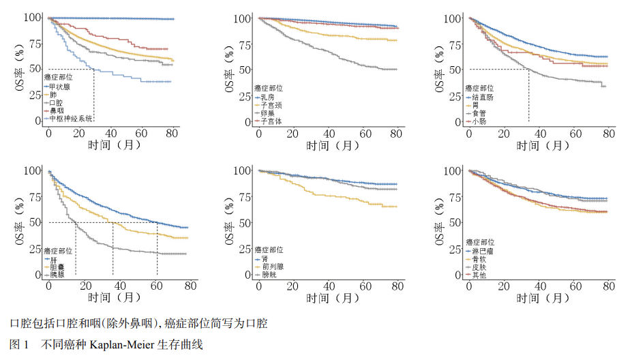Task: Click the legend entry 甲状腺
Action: click(x=60, y=87)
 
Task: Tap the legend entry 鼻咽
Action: click(x=57, y=110)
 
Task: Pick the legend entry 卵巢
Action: click(x=267, y=113)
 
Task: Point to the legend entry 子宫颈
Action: click(x=270, y=106)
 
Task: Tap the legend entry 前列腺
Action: click(x=270, y=267)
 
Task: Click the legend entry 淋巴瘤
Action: click(x=481, y=252)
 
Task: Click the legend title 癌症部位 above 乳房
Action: click(x=269, y=89)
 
